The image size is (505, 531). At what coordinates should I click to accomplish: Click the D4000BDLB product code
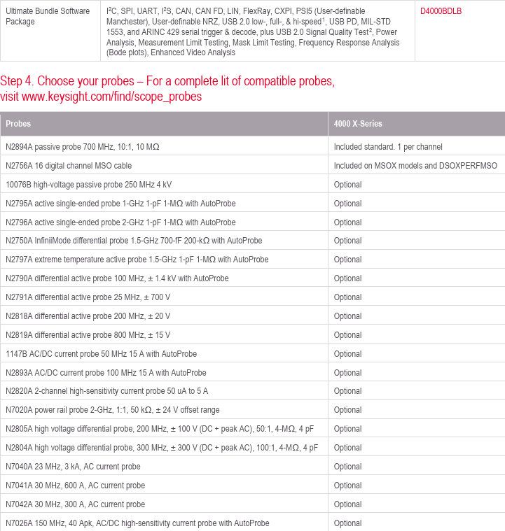pyautogui.click(x=441, y=11)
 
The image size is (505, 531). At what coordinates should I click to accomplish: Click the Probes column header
pyautogui.click(x=18, y=124)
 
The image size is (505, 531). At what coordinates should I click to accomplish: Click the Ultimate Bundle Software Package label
pyautogui.click(x=48, y=16)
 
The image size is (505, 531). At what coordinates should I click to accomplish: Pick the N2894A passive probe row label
pyautogui.click(x=83, y=147)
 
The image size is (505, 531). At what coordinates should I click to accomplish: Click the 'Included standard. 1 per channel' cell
pyautogui.click(x=388, y=147)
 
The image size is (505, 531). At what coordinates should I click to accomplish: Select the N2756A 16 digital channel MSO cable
pyautogui.click(x=69, y=166)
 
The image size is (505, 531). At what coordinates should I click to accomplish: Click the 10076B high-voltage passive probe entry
pyautogui.click(x=88, y=185)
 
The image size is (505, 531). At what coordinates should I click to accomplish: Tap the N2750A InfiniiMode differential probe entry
pyautogui.click(x=134, y=241)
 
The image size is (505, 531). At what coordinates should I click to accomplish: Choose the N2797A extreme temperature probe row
pyautogui.click(x=137, y=260)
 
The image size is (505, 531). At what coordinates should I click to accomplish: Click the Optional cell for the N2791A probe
pyautogui.click(x=347, y=297)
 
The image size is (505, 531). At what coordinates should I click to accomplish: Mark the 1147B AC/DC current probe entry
pyautogui.click(x=101, y=354)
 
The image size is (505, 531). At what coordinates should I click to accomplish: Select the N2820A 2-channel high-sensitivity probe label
pyautogui.click(x=106, y=391)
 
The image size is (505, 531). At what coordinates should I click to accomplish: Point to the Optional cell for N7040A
pyautogui.click(x=347, y=467)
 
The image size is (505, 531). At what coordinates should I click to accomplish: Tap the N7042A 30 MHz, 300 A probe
pyautogui.click(x=75, y=504)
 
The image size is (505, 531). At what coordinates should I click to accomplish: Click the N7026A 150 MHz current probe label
pyautogui.click(x=137, y=523)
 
